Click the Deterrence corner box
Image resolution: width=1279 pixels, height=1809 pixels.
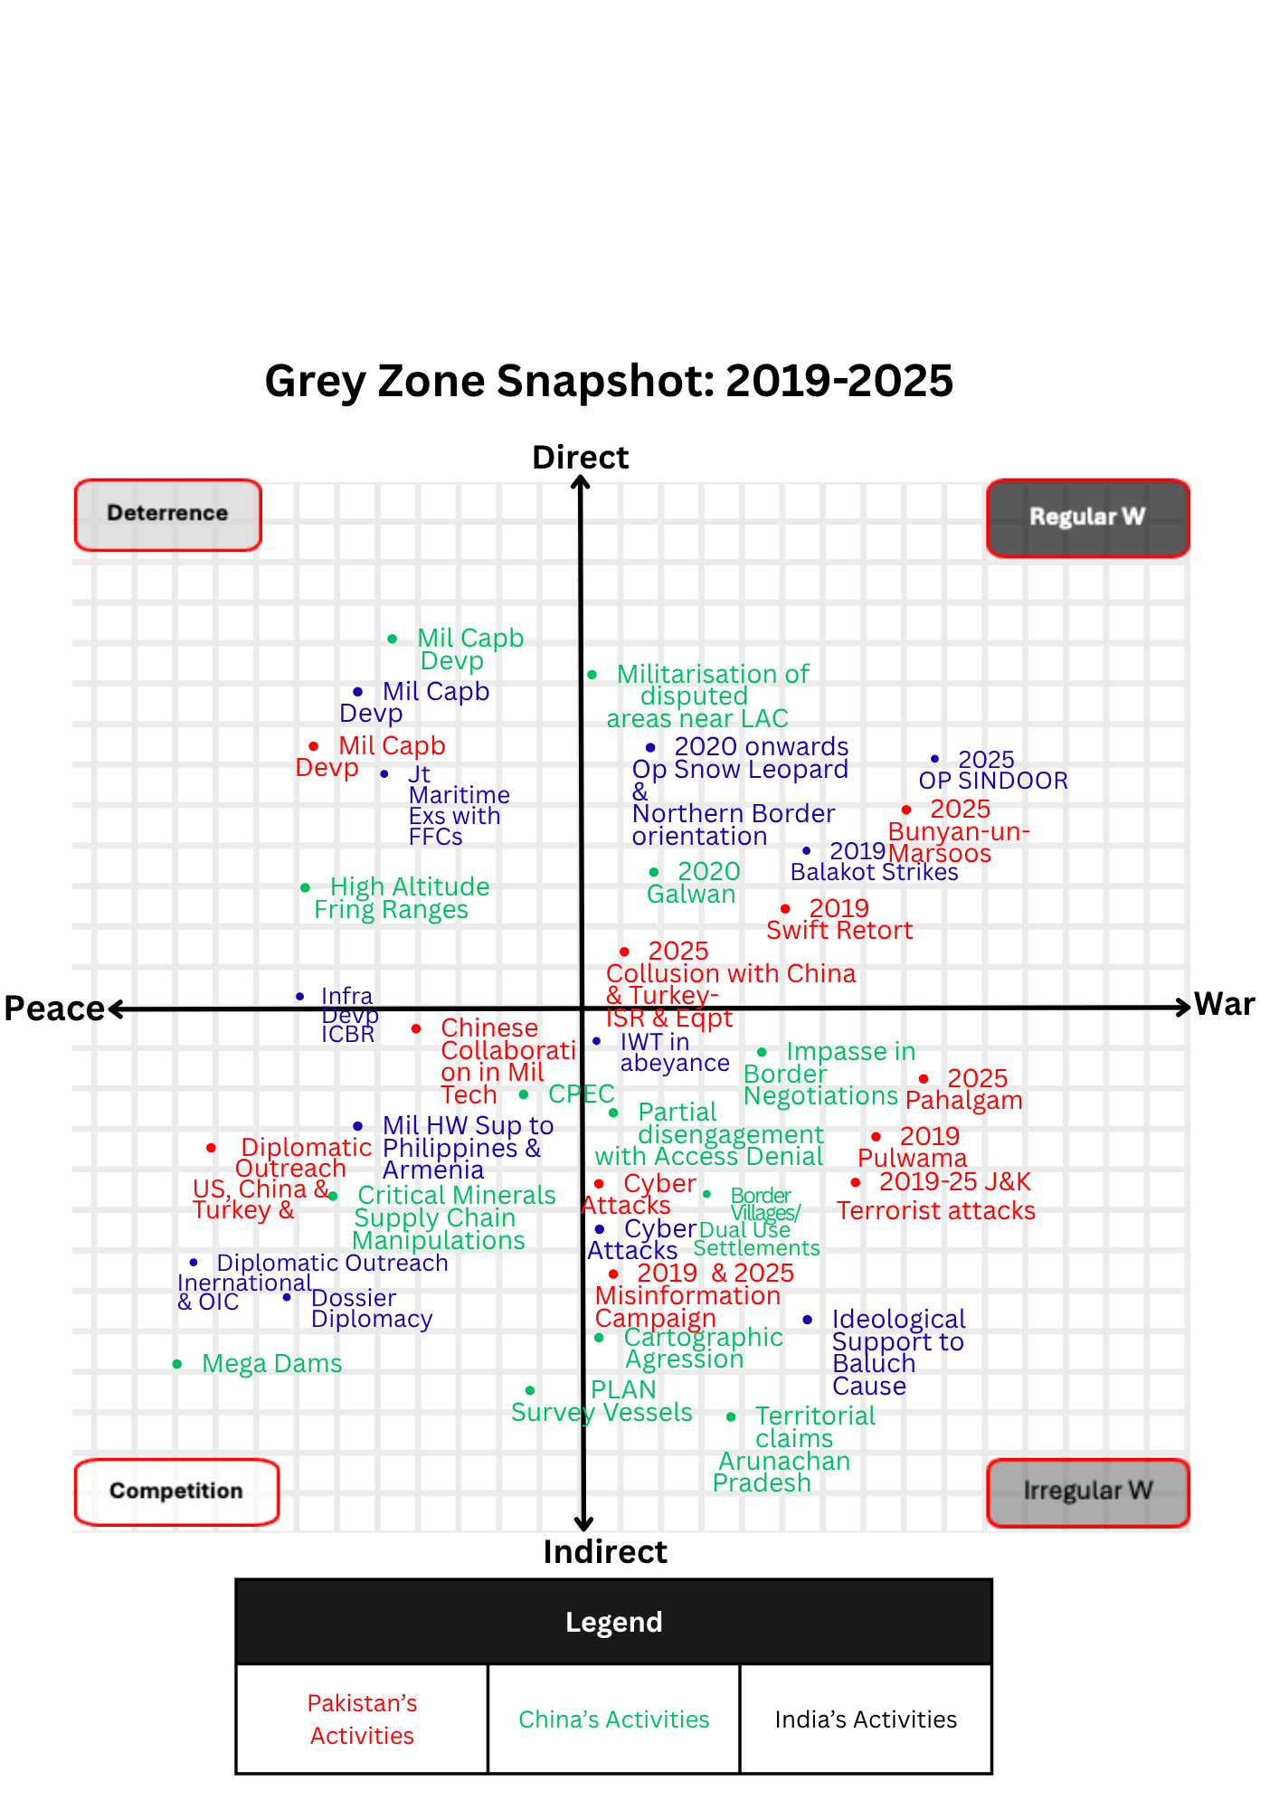pyautogui.click(x=168, y=515)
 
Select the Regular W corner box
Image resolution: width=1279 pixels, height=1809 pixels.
pyautogui.click(x=1087, y=517)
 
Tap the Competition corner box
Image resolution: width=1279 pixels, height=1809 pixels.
pyautogui.click(x=176, y=1492)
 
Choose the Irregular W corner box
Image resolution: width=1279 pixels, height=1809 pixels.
pyautogui.click(x=1087, y=1492)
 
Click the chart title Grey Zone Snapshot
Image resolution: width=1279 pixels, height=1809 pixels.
pyautogui.click(x=609, y=381)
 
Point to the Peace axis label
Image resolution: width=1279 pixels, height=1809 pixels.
pyautogui.click(x=54, y=1009)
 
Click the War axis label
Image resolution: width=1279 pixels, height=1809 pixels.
pyautogui.click(x=1224, y=1005)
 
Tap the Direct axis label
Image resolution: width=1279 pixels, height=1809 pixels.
pyautogui.click(x=580, y=458)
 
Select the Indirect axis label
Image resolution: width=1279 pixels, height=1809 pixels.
pyautogui.click(x=604, y=1552)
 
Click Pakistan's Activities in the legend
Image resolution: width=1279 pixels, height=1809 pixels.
pyautogui.click(x=362, y=1719)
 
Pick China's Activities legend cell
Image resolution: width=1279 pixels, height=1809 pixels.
pyautogui.click(x=613, y=1719)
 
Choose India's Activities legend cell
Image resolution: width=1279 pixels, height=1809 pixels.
pyautogui.click(x=866, y=1719)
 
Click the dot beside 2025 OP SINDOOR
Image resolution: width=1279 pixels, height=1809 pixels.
pyautogui.click(x=934, y=759)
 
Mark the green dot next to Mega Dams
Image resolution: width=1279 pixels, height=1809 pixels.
pyautogui.click(x=177, y=1364)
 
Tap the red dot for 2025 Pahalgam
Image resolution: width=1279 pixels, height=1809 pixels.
pyautogui.click(x=924, y=1079)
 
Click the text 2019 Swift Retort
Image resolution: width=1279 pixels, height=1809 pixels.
pyautogui.click(x=838, y=919)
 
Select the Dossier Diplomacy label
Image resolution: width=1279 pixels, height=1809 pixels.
pyautogui.click(x=371, y=1309)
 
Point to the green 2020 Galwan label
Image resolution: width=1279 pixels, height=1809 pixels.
pyautogui.click(x=693, y=883)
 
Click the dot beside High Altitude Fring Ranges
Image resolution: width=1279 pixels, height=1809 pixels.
pyautogui.click(x=306, y=888)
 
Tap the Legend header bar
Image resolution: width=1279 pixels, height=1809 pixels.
pyautogui.click(x=613, y=1623)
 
